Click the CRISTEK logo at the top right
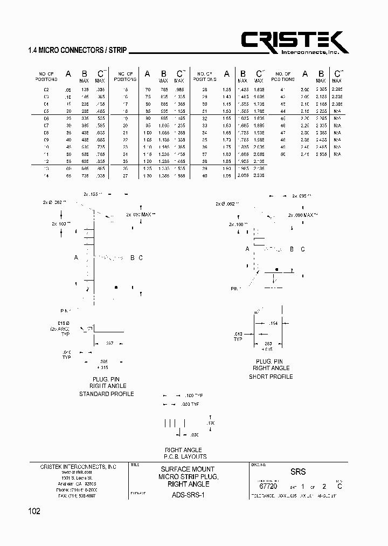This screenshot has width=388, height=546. (x=294, y=43)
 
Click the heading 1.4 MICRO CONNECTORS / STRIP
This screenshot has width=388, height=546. (x=77, y=51)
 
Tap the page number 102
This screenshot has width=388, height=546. (x=34, y=511)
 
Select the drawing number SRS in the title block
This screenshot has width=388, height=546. (x=298, y=472)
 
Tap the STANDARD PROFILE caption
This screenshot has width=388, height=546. (x=107, y=394)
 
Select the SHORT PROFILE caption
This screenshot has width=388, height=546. (x=271, y=376)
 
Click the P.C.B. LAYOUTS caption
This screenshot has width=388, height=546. (x=185, y=456)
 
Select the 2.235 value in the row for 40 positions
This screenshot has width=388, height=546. (x=259, y=175)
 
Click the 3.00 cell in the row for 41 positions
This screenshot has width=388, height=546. (x=305, y=89)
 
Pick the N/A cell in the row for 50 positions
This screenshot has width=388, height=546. (x=337, y=154)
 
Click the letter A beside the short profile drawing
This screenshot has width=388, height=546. (x=247, y=249)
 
